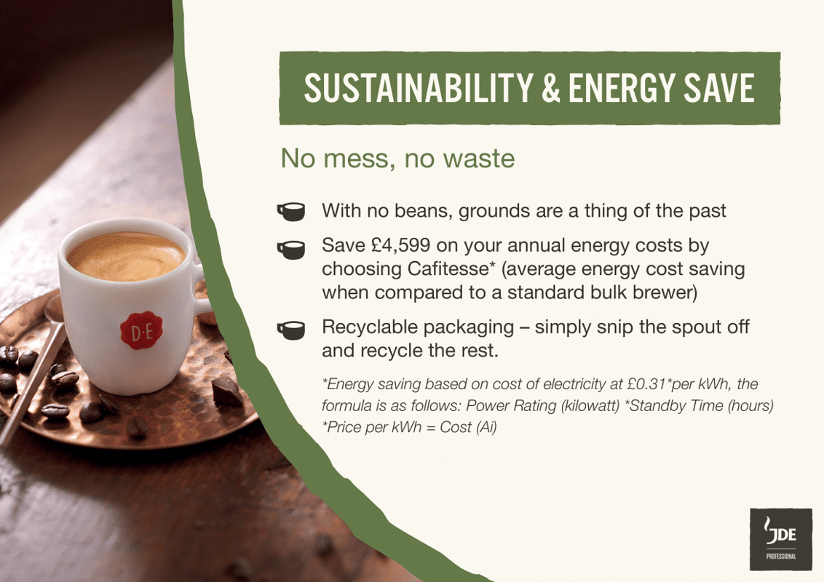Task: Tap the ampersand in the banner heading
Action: (x=548, y=88)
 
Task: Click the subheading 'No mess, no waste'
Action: (x=397, y=159)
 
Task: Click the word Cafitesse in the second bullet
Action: (x=443, y=268)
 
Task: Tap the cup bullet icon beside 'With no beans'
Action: (x=291, y=212)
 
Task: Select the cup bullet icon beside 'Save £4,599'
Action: (x=291, y=248)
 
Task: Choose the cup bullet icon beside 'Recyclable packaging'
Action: (x=291, y=330)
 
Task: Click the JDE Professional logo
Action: (x=780, y=539)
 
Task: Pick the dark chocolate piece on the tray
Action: (x=226, y=393)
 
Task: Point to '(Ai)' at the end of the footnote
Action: (x=486, y=427)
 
